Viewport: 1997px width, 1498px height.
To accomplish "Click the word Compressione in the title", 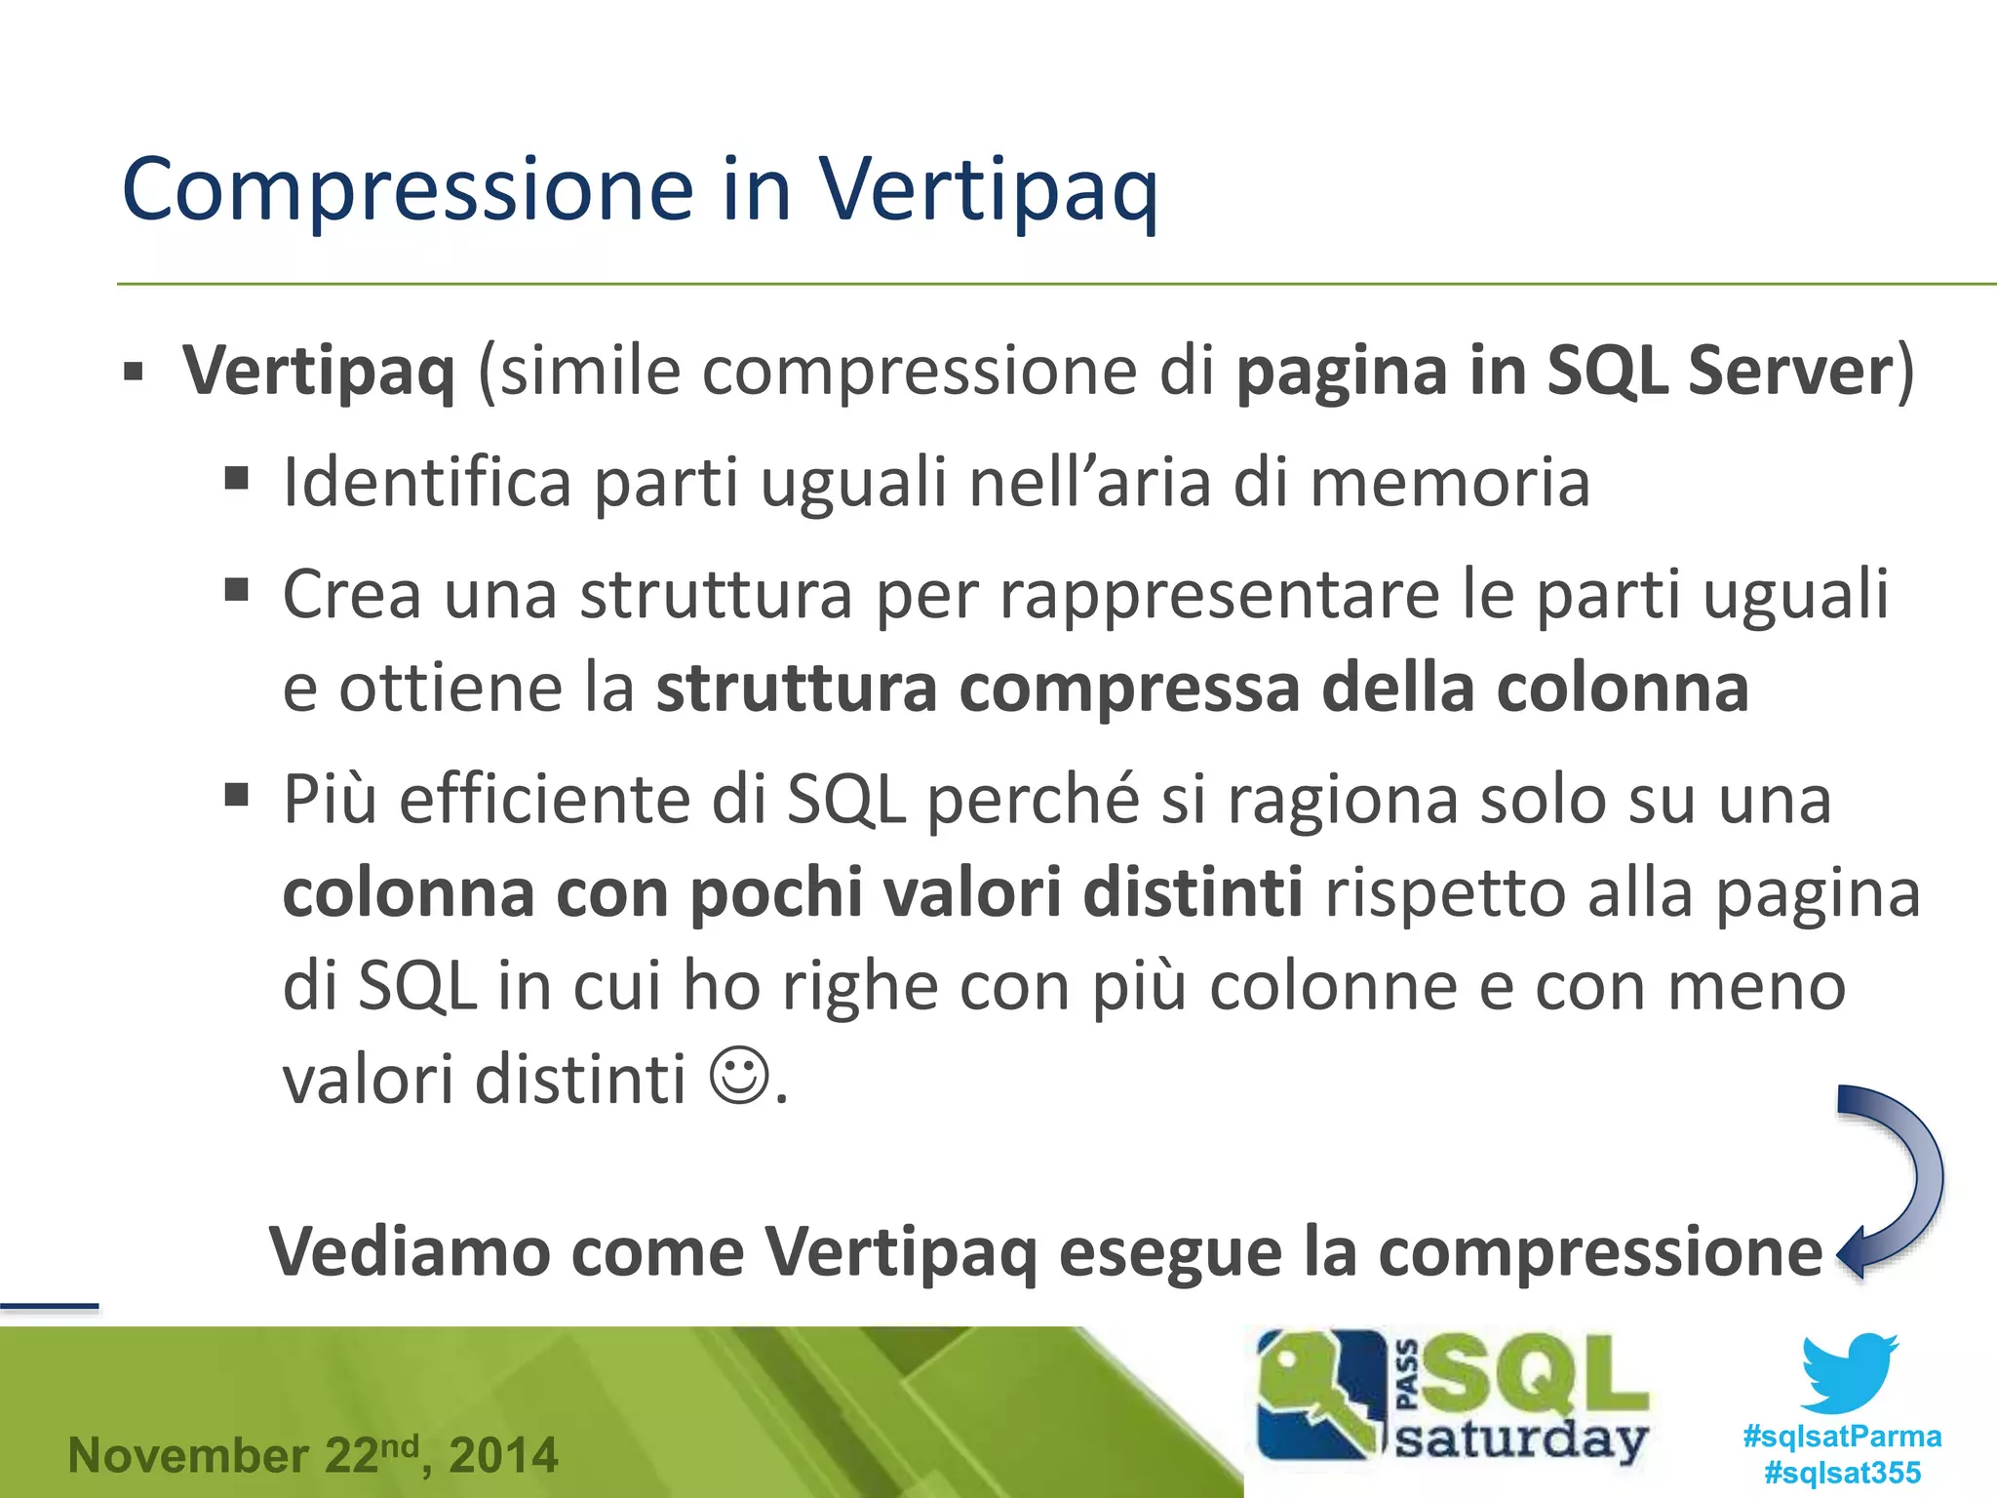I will point(408,190).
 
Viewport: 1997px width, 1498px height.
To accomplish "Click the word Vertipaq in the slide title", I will point(987,190).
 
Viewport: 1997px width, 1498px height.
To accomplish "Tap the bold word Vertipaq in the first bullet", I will point(319,372).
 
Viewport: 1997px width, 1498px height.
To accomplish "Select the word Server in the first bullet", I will point(1790,372).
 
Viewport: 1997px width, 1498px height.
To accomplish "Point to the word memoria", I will point(1449,482).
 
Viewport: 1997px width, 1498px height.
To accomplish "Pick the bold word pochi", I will point(776,893).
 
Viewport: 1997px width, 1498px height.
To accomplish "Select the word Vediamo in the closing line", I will point(409,1251).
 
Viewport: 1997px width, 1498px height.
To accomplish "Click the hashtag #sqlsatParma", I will point(1841,1436).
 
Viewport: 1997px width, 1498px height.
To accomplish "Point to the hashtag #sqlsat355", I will point(1841,1473).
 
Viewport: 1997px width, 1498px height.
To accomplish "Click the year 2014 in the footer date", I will point(503,1456).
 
